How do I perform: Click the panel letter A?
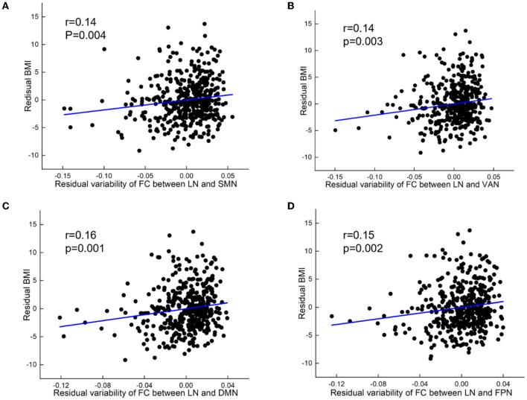click(x=5, y=6)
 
